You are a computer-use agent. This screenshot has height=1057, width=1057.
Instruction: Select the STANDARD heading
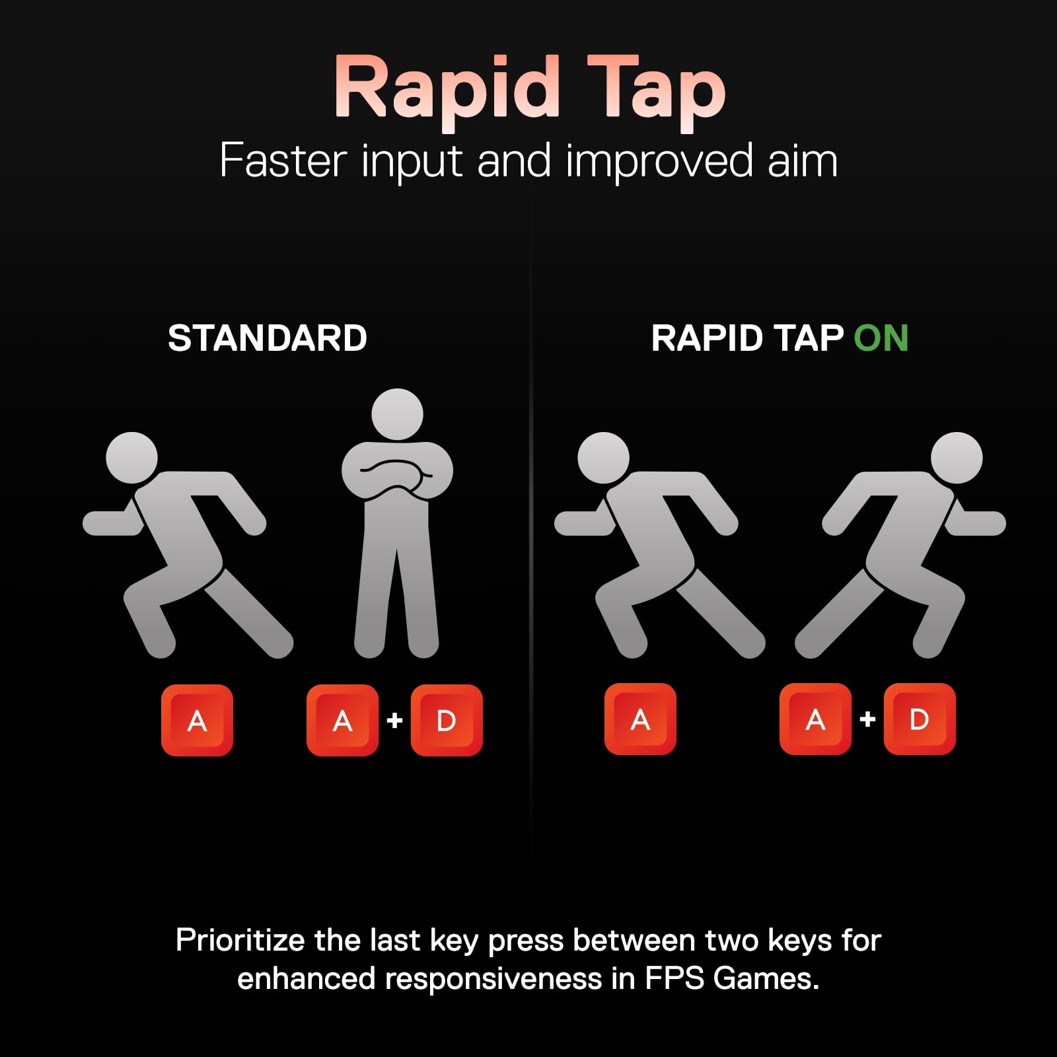268,338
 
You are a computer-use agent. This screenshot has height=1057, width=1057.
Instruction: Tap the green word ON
881,338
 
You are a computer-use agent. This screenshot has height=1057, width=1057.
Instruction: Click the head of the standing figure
397,414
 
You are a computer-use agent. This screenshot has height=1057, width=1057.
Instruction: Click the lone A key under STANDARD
197,720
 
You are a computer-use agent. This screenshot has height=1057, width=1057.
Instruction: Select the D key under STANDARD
447,720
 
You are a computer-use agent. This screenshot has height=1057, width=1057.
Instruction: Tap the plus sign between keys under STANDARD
394,719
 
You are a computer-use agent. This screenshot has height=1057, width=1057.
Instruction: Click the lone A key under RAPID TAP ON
640,719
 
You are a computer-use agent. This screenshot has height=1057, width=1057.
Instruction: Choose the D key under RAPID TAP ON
920,719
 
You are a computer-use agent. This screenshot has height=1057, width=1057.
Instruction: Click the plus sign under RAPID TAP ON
867,719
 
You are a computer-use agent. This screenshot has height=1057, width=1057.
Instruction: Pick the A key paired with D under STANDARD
342,720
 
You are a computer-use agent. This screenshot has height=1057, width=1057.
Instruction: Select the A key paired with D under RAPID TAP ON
815,719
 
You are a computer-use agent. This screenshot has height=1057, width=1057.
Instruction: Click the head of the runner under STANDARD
132,458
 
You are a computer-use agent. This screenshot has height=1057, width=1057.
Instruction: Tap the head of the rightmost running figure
957,458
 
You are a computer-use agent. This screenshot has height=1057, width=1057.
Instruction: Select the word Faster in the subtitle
283,161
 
